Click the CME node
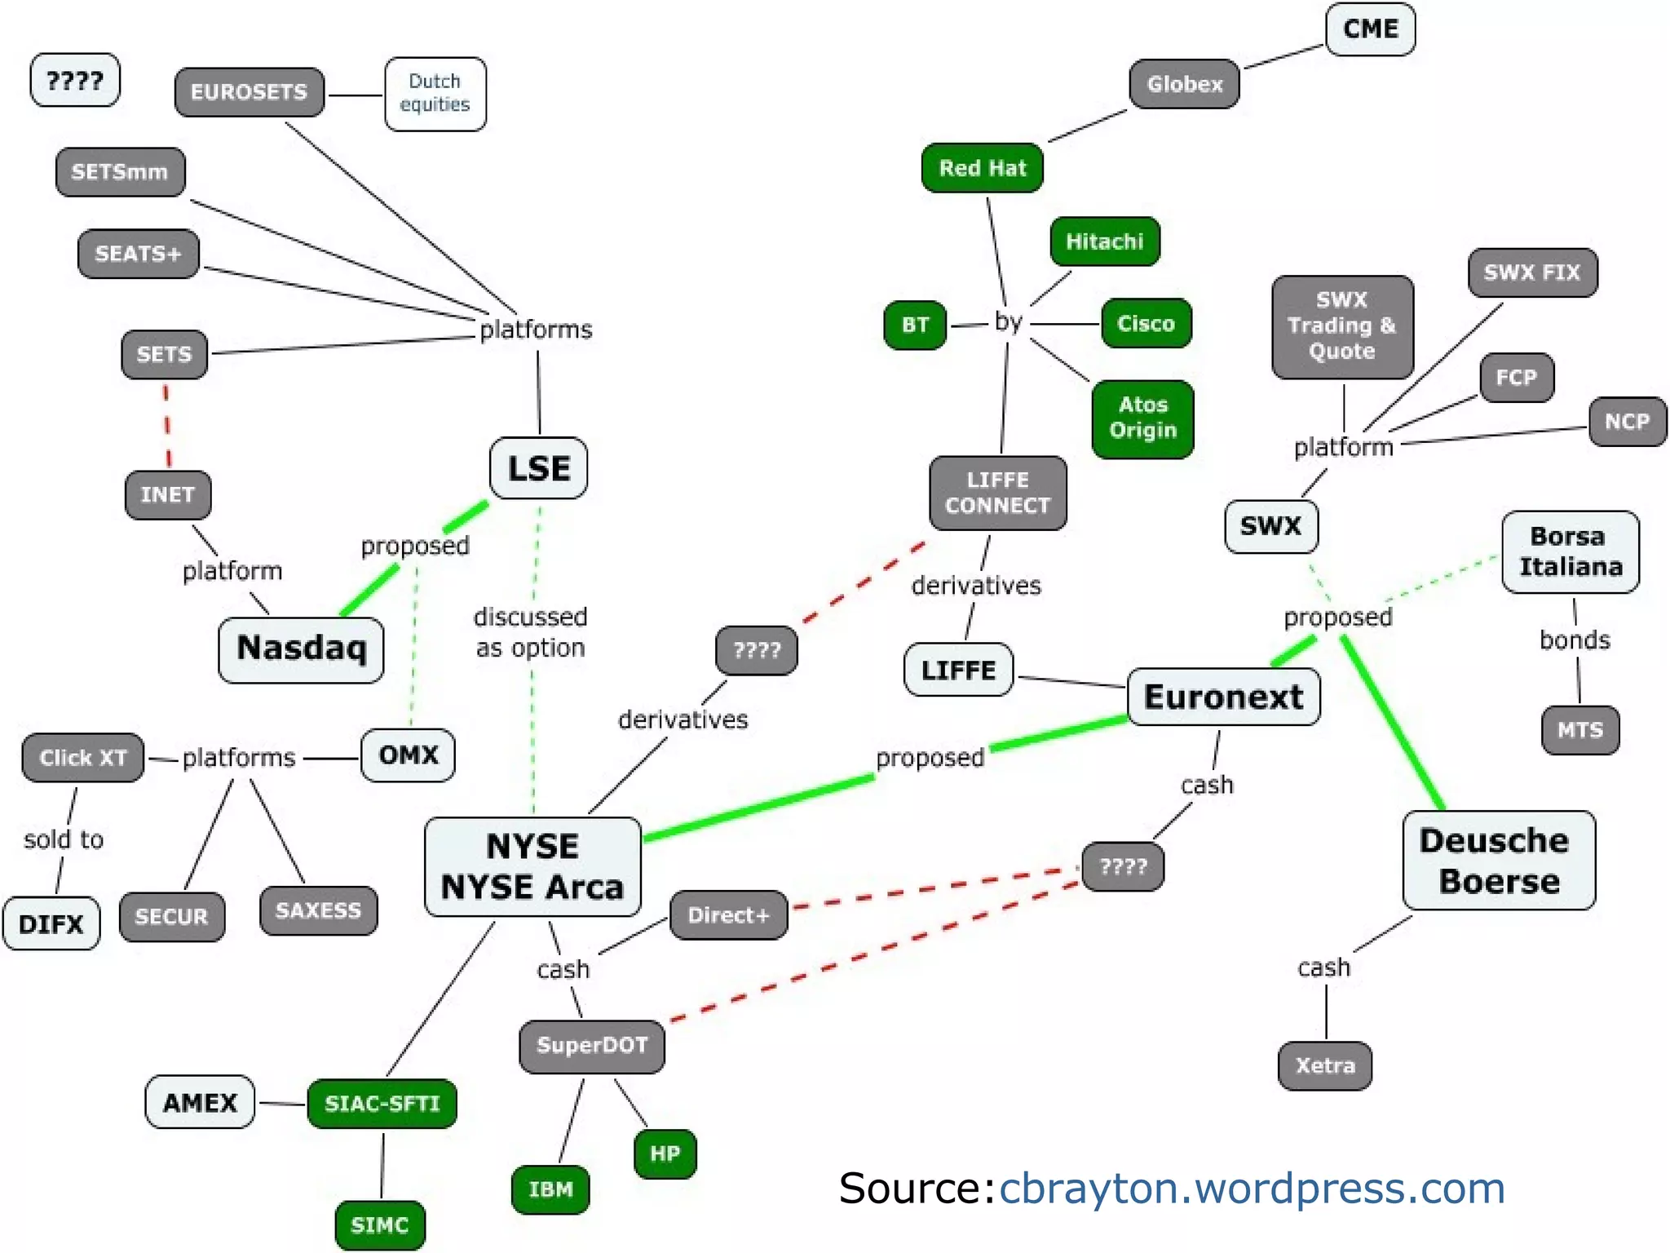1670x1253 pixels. point(1370,29)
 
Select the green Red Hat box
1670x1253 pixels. point(982,168)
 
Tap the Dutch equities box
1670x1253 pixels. point(435,93)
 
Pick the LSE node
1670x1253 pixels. point(538,468)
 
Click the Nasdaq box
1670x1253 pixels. point(301,649)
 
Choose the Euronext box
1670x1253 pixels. point(1223,697)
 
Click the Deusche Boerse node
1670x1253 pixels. point(1498,861)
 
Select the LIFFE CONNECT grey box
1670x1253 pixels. point(997,493)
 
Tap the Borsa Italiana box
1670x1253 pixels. point(1570,551)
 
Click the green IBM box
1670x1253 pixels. point(550,1189)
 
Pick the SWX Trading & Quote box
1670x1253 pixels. point(1341,326)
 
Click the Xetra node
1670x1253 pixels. point(1324,1065)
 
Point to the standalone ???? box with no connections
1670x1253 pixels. point(74,80)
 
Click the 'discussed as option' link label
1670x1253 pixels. point(530,632)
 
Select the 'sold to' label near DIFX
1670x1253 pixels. point(64,839)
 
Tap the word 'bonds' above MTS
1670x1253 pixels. point(1575,640)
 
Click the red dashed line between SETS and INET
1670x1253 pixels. point(167,424)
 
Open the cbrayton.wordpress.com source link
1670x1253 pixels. point(1252,1188)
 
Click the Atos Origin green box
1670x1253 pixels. point(1142,418)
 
